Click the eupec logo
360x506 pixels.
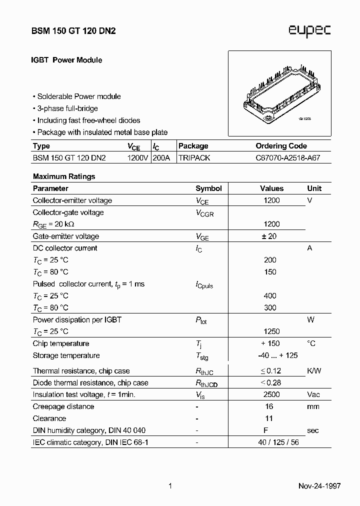click(309, 31)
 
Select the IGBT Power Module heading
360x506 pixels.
click(67, 60)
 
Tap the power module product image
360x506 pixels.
click(279, 93)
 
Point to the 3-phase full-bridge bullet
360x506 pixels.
click(67, 108)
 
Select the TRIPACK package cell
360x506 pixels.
click(194, 158)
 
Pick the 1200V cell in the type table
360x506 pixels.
click(137, 158)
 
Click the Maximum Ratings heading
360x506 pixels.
click(64, 176)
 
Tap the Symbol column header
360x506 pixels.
click(208, 188)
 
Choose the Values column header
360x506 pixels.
click(271, 188)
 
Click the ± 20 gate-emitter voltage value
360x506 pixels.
click(269, 236)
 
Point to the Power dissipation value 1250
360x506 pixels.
click(271, 331)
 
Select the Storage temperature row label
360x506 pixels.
click(66, 355)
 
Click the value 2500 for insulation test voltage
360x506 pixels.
click(271, 394)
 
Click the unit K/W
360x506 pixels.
click(314, 371)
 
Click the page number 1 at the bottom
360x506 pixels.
click(170, 486)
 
